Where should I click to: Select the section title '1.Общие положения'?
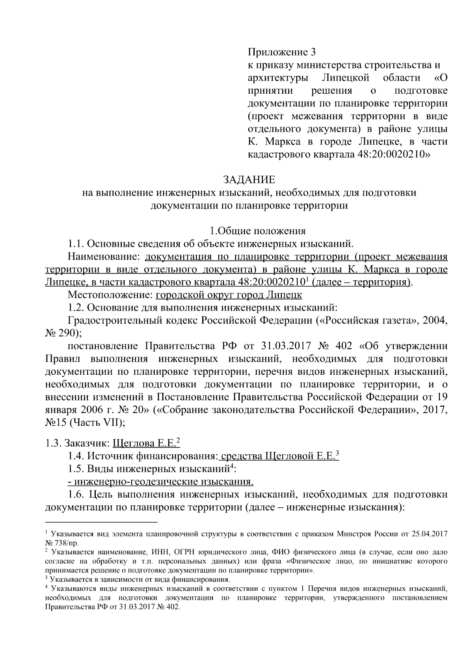tap(257, 231)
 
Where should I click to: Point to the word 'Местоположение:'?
tap(110, 295)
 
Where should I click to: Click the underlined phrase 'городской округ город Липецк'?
tap(229, 295)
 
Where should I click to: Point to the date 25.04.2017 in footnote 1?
tap(428, 535)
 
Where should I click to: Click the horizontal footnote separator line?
tap(101, 522)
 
